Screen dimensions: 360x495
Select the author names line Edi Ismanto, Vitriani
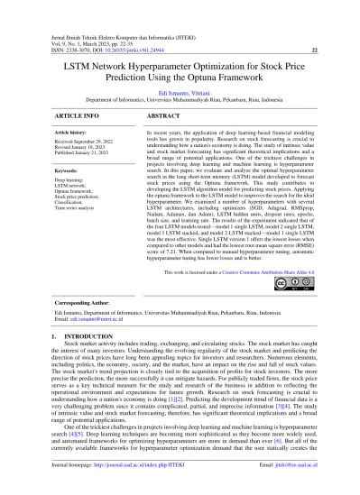coord(180,93)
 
